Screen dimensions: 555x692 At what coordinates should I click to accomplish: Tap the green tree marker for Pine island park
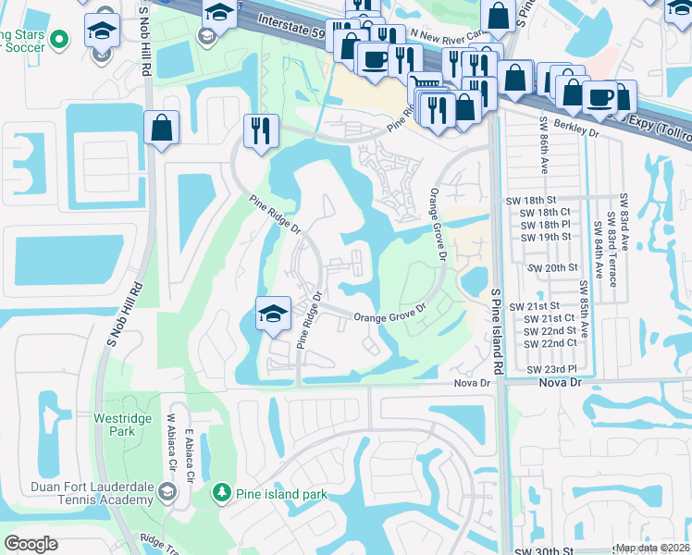pyautogui.click(x=220, y=493)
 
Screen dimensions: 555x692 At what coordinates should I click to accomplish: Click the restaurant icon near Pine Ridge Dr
pyautogui.click(x=261, y=130)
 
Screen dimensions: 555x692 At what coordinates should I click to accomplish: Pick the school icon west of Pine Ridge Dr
pyautogui.click(x=273, y=314)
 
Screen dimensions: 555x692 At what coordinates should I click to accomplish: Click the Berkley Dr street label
pyautogui.click(x=578, y=131)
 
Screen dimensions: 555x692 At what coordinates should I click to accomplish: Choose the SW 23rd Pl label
pyautogui.click(x=551, y=369)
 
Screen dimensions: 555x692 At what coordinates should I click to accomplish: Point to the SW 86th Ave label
pyautogui.click(x=541, y=143)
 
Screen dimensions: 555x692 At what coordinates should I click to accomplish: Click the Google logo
pyautogui.click(x=31, y=544)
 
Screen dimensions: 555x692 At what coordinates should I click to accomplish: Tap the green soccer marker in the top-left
pyautogui.click(x=59, y=39)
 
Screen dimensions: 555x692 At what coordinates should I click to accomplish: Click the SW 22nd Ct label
pyautogui.click(x=551, y=342)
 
